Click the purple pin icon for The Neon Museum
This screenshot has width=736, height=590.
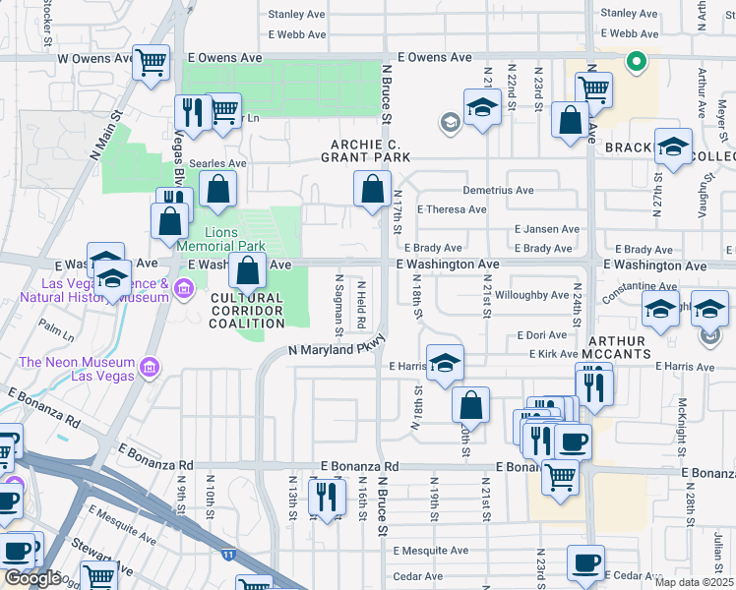point(150,368)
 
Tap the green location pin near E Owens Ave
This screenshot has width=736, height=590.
point(637,63)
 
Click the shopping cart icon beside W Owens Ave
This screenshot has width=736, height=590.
point(151,63)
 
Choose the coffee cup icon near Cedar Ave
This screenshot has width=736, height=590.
point(586,563)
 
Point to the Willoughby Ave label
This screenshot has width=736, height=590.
point(532,294)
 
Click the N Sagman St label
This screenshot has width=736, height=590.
point(340,306)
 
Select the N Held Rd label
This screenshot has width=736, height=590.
point(361,306)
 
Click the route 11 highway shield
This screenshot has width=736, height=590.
point(228,555)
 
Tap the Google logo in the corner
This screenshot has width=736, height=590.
point(31,578)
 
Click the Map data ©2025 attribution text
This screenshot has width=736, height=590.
point(691,582)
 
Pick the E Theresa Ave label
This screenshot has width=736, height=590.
point(452,209)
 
